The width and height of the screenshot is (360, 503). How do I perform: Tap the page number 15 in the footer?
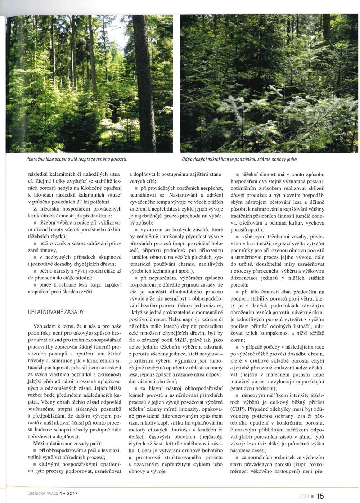(319, 496)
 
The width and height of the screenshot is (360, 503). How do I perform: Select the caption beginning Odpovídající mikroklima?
(239, 159)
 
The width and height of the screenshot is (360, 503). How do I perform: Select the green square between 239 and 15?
(313, 496)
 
